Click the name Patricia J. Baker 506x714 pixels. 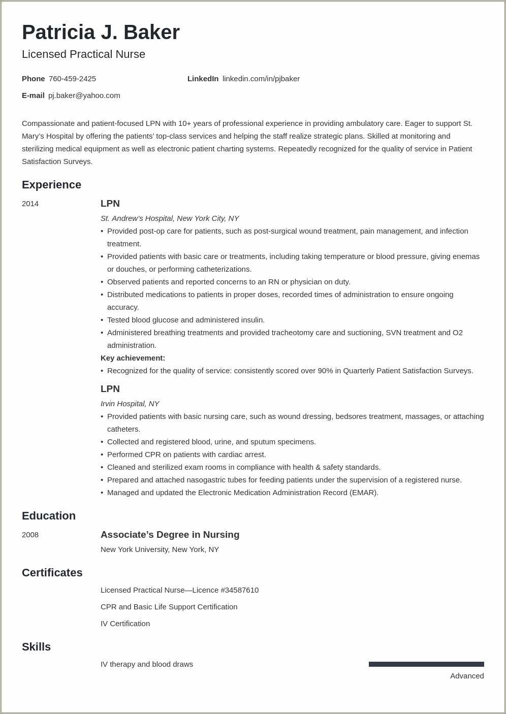pyautogui.click(x=101, y=33)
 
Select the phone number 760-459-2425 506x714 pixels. pyautogui.click(x=72, y=79)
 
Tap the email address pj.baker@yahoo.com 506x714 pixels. pyautogui.click(x=84, y=95)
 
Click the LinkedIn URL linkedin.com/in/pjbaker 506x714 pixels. pyautogui.click(x=261, y=79)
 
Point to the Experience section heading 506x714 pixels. pyautogui.click(x=51, y=185)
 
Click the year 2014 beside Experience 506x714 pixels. pyautogui.click(x=30, y=204)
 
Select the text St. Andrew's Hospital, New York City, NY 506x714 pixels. pyautogui.click(x=170, y=218)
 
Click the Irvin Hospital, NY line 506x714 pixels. pyautogui.click(x=130, y=404)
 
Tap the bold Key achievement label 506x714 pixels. pyautogui.click(x=133, y=358)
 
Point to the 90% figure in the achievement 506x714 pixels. pyautogui.click(x=325, y=371)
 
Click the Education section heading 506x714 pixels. pyautogui.click(x=49, y=516)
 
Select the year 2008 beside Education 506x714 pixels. pyautogui.click(x=30, y=535)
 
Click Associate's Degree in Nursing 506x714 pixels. pyautogui.click(x=170, y=535)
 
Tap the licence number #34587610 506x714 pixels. pyautogui.click(x=239, y=590)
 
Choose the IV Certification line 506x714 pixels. pyautogui.click(x=125, y=624)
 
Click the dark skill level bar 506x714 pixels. pyautogui.click(x=426, y=664)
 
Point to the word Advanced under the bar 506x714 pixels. pyautogui.click(x=466, y=676)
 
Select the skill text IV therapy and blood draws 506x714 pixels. pyautogui.click(x=147, y=664)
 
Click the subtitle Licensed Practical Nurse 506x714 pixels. pyautogui.click(x=83, y=54)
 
